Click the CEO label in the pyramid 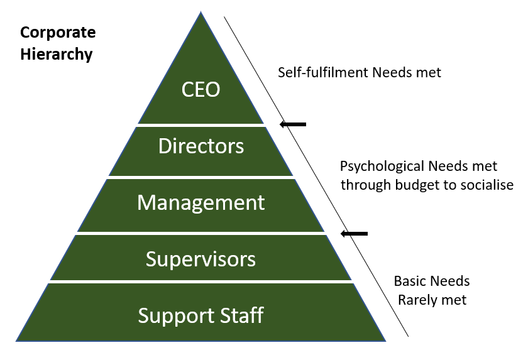click(201, 89)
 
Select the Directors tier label click(201, 146)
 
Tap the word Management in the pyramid click(201, 202)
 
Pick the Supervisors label click(201, 258)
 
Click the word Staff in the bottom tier click(241, 314)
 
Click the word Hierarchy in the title click(56, 54)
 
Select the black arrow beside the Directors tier click(293, 124)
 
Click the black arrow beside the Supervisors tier click(354, 234)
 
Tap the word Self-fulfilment click(322, 72)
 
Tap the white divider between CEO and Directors click(201, 125)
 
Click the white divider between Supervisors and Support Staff click(201, 281)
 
